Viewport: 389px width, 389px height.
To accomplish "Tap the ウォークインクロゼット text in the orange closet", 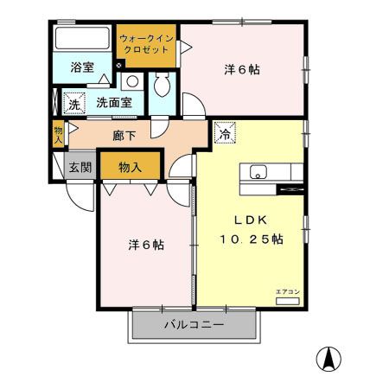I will point(146,45).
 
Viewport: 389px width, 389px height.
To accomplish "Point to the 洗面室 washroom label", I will point(113,102).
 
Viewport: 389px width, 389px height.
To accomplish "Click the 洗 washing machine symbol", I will point(73,103).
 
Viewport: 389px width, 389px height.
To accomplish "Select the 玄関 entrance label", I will point(81,167).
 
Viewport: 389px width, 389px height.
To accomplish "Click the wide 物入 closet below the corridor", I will point(131,167).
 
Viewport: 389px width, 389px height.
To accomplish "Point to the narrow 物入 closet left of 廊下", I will point(58,134).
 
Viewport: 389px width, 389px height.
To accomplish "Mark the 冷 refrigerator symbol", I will point(224,133).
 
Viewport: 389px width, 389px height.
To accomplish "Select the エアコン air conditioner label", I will point(288,292).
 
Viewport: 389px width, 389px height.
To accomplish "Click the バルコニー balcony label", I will point(194,325).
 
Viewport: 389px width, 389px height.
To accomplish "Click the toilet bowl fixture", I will point(162,87).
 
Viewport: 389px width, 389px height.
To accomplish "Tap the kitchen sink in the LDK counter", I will point(259,171).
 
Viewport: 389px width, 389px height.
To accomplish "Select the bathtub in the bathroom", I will point(82,40).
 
